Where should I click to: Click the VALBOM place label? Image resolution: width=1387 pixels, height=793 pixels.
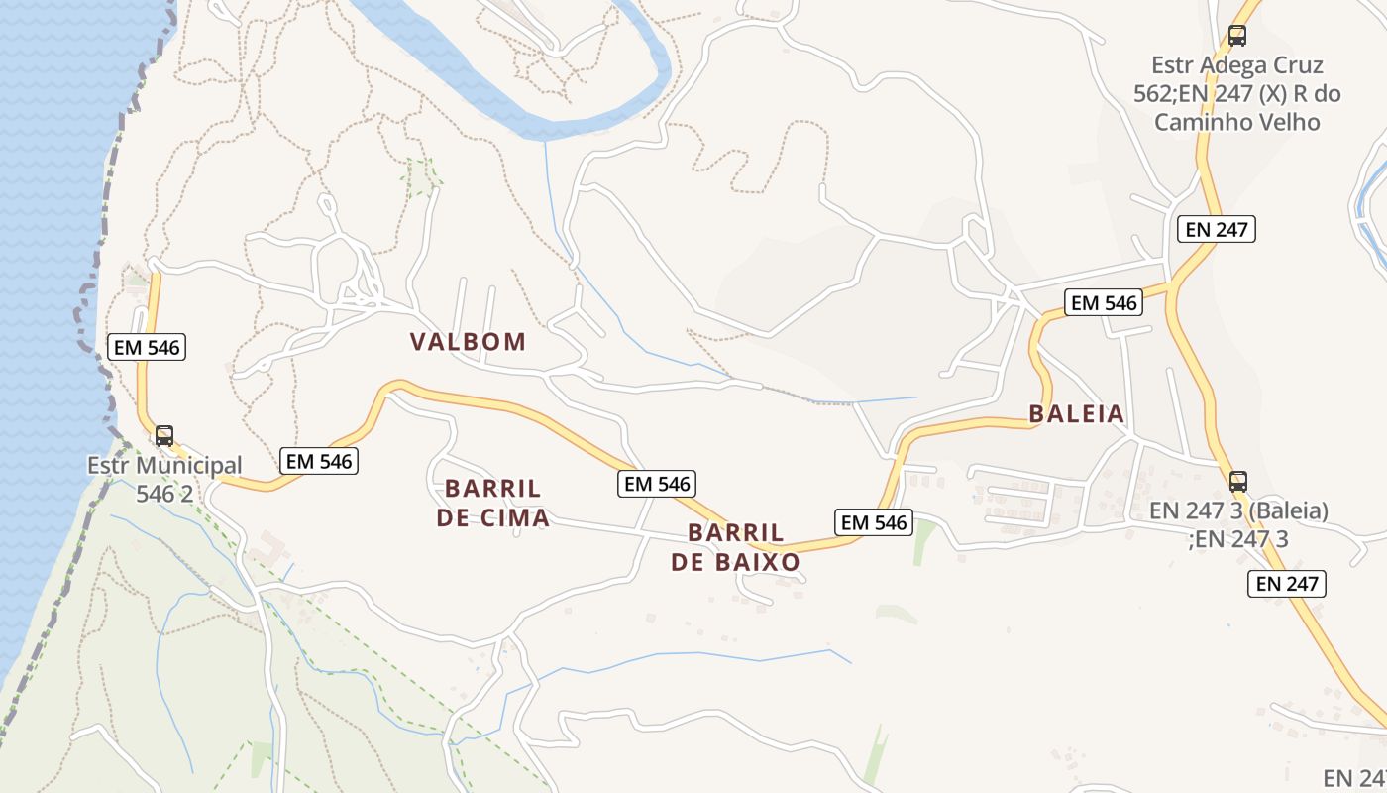tap(468, 342)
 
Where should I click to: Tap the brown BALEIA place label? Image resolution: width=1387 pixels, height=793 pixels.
tap(1077, 414)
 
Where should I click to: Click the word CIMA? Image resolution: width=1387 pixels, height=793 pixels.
tap(514, 517)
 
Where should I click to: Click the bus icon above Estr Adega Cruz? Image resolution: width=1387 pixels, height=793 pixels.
tap(1237, 36)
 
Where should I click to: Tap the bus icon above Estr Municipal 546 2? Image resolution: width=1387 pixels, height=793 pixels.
tap(164, 435)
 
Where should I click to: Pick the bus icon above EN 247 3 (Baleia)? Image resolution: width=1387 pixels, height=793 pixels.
tap(1238, 482)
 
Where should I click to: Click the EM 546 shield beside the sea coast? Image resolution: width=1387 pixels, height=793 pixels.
tap(148, 347)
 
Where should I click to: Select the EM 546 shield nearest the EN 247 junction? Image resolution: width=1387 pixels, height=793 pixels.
tap(1104, 303)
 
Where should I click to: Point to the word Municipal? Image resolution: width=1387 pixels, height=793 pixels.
tap(189, 466)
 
